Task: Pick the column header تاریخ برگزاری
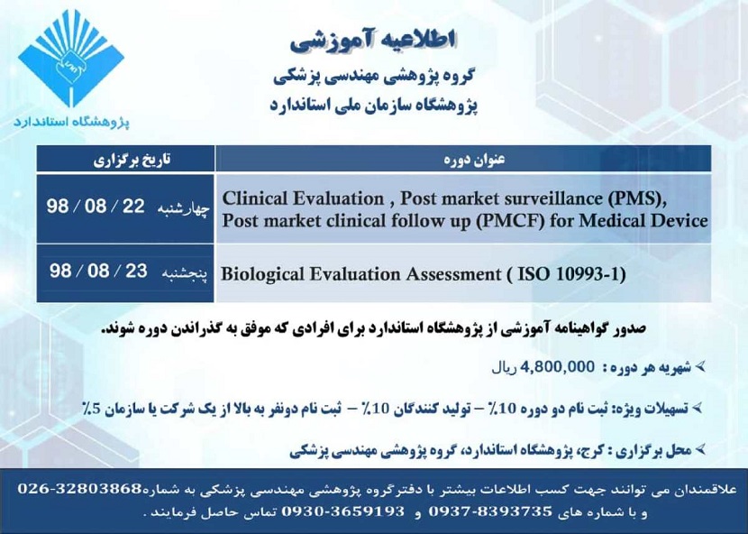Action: coord(125,161)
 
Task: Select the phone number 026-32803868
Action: coord(80,488)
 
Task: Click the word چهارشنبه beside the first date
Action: coord(187,207)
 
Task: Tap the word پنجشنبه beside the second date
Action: coord(188,272)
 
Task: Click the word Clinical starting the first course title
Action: coord(257,198)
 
